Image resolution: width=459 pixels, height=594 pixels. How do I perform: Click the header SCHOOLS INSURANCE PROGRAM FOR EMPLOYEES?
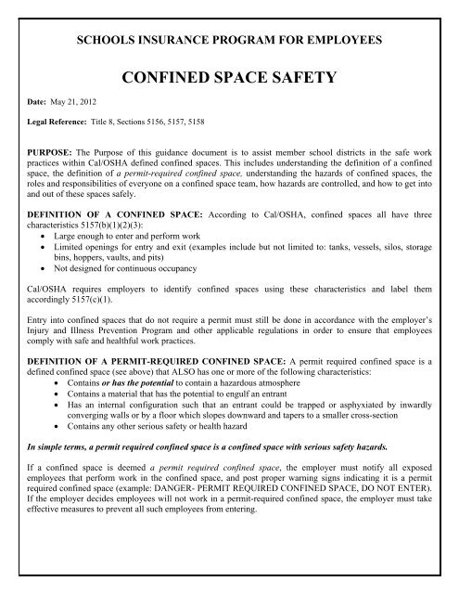click(229, 41)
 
